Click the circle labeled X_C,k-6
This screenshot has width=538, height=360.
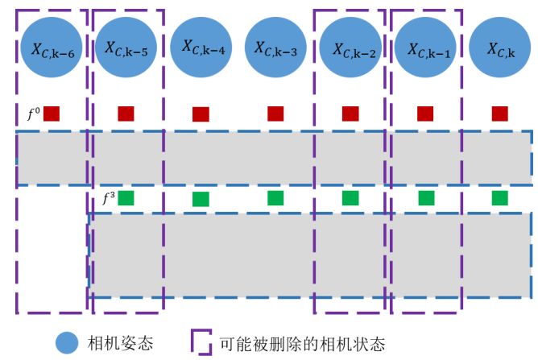click(x=52, y=48)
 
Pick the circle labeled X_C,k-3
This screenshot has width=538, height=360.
click(x=275, y=48)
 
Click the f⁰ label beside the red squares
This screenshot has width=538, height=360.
click(x=33, y=114)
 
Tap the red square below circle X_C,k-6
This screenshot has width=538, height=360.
click(x=52, y=114)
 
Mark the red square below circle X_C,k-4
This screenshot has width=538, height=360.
click(x=201, y=114)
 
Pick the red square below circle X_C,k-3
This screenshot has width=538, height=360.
click(x=276, y=114)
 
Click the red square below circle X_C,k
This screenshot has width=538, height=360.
click(x=499, y=114)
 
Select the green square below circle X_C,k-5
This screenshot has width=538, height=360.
click(x=126, y=197)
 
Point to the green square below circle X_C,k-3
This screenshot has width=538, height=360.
click(x=276, y=197)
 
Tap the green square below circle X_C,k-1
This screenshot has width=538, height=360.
click(x=426, y=197)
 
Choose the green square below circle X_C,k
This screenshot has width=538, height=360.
click(x=499, y=197)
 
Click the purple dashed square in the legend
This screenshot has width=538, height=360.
click(x=200, y=341)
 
